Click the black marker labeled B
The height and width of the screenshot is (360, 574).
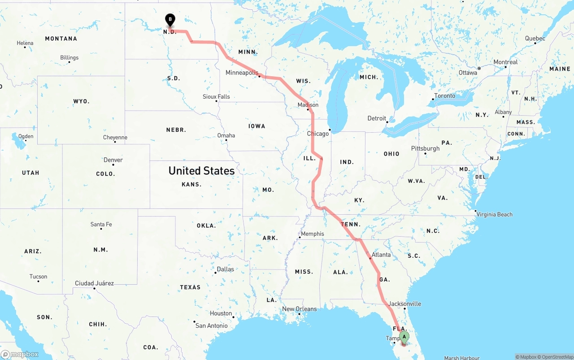(x=170, y=19)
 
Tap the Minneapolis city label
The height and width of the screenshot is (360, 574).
(x=242, y=73)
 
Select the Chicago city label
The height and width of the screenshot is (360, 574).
(x=317, y=134)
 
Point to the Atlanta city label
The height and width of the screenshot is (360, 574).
(x=381, y=255)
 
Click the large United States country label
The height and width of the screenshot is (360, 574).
(x=201, y=171)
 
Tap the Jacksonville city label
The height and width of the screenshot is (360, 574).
(x=405, y=304)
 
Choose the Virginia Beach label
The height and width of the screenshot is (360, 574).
(x=495, y=214)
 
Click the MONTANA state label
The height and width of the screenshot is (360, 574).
(x=61, y=39)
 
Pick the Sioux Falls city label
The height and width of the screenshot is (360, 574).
(x=216, y=96)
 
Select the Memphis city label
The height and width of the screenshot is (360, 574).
(x=313, y=234)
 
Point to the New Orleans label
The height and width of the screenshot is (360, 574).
(x=299, y=309)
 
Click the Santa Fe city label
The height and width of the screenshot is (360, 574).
(x=101, y=224)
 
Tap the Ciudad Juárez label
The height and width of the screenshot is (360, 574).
(x=94, y=283)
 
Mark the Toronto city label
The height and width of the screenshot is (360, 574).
(x=444, y=95)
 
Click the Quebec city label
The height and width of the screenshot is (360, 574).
(x=535, y=39)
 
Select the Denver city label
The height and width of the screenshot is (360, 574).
(x=113, y=160)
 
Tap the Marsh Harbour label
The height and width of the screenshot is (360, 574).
(x=461, y=358)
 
